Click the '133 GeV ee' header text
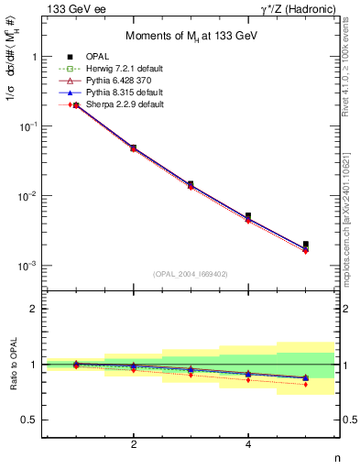click(x=72, y=8)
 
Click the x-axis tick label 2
click(x=134, y=444)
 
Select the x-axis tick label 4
click(x=248, y=444)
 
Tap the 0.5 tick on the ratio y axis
click(x=31, y=420)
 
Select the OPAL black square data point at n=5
click(x=305, y=245)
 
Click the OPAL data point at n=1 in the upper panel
click(x=76, y=105)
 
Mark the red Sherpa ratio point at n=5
click(x=305, y=384)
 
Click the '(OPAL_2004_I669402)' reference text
click(x=191, y=274)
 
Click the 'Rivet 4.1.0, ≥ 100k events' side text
click(x=351, y=78)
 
